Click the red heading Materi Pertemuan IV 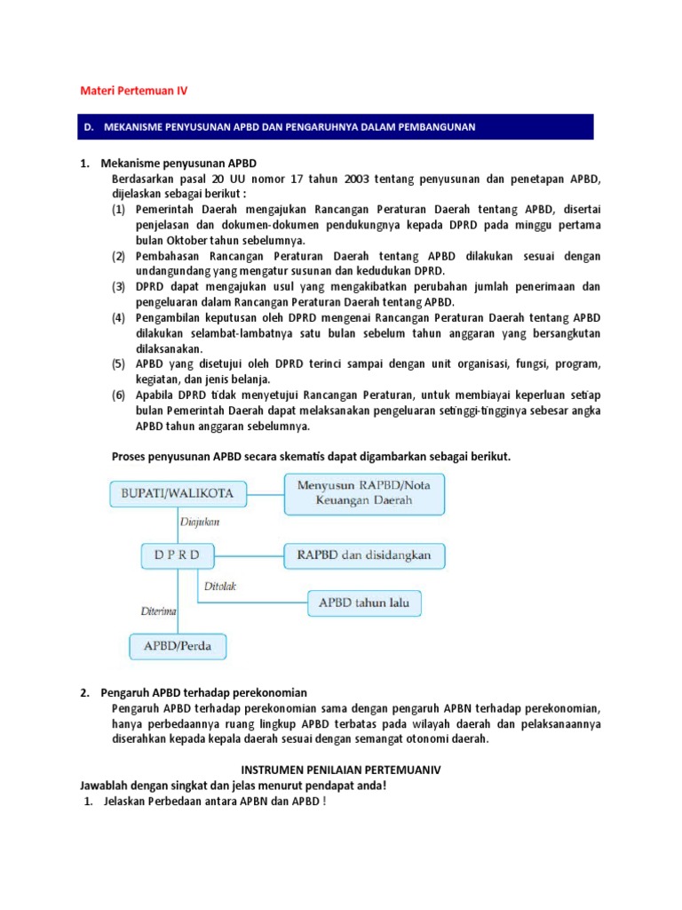(134, 91)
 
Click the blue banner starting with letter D (337, 127)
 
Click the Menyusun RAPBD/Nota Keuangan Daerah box (364, 493)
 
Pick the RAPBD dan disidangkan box (364, 555)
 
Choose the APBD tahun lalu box (364, 604)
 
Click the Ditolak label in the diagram (221, 587)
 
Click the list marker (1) (119, 210)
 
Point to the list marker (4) (119, 318)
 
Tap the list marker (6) (119, 395)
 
